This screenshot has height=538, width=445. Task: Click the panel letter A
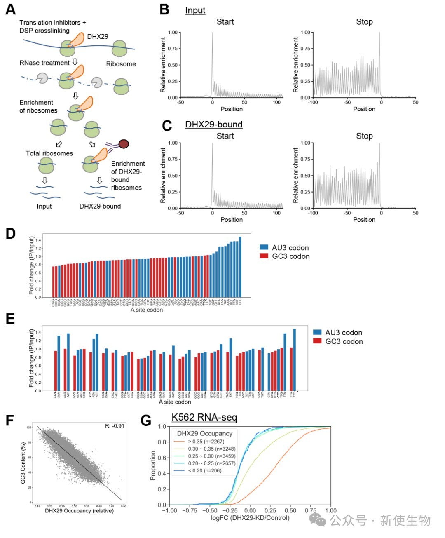tap(11, 9)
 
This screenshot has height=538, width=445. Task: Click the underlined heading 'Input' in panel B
tap(195, 11)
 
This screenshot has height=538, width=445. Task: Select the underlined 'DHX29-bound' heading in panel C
tap(213, 125)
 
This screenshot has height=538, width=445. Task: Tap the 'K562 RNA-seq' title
tap(204, 417)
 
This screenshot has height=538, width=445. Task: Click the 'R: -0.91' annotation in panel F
tap(115, 426)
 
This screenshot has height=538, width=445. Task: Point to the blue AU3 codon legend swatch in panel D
tap(264, 247)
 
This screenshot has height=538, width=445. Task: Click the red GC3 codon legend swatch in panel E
tap(317, 341)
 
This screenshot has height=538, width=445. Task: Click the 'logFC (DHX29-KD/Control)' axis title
tap(250, 518)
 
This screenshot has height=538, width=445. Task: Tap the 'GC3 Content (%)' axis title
tap(23, 463)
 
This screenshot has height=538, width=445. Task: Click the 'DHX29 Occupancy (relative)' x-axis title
tap(79, 511)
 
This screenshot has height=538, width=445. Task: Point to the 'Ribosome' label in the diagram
tap(121, 64)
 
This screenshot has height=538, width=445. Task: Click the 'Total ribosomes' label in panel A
tap(49, 153)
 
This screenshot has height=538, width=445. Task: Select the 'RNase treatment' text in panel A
tap(44, 63)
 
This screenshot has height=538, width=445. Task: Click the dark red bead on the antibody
tap(124, 144)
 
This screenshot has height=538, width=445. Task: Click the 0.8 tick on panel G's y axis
tap(162, 442)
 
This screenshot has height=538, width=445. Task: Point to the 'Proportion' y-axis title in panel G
tap(153, 465)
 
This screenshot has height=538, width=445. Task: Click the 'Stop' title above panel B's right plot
tap(364, 22)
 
